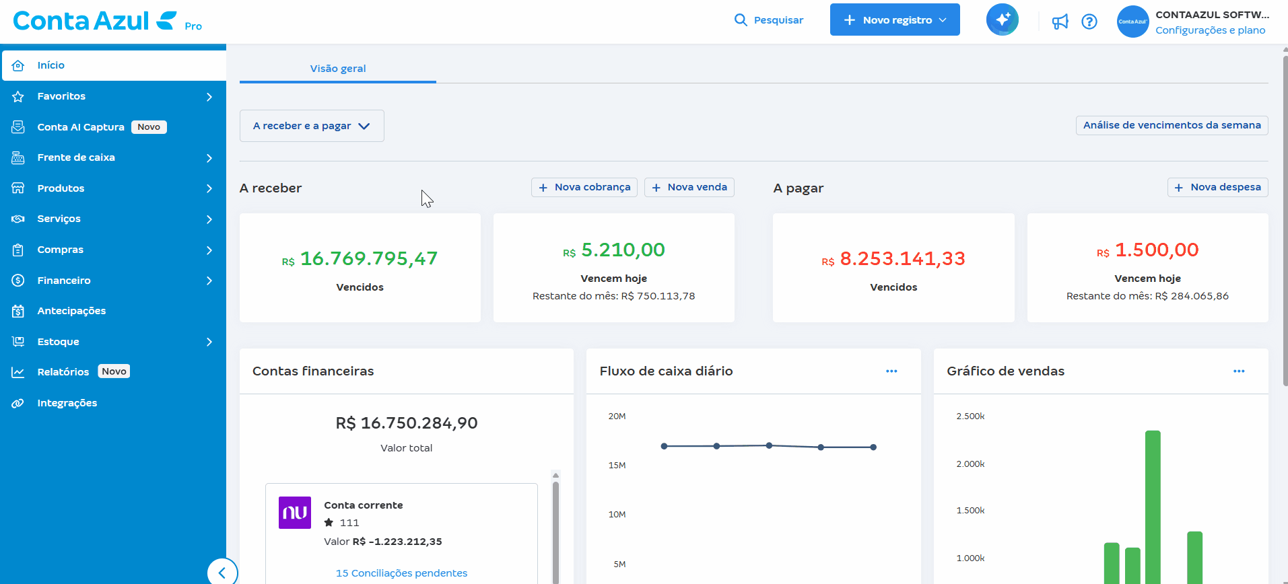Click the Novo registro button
tap(894, 20)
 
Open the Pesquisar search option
tap(769, 20)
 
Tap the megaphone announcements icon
tap(1060, 22)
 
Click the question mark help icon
tap(1089, 22)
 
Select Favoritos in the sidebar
tap(61, 96)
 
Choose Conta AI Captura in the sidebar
tap(81, 127)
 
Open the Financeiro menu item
tap(64, 281)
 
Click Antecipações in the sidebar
tap(71, 311)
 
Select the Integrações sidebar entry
tap(67, 403)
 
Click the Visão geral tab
tap(338, 69)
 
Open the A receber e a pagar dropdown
tap(312, 126)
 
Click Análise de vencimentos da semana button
tap(1172, 125)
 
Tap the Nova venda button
tap(689, 187)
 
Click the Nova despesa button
tap(1217, 187)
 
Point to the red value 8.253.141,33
tap(902, 258)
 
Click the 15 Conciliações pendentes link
tap(401, 573)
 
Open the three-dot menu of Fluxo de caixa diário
tap(891, 371)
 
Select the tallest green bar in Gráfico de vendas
tap(1153, 505)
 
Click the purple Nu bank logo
tap(295, 513)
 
